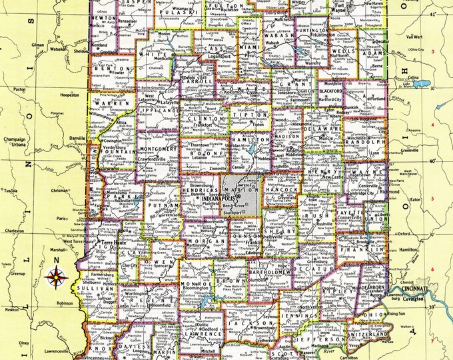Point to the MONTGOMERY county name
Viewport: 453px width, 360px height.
point(157,149)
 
